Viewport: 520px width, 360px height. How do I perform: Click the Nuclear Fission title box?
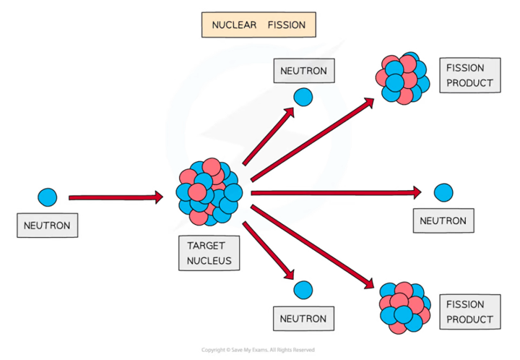click(258, 25)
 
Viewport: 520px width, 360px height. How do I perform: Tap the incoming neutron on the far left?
click(47, 197)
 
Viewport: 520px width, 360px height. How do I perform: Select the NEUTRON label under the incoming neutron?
click(47, 226)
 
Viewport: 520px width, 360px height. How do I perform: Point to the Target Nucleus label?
click(209, 253)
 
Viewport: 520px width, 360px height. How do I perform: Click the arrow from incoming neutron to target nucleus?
click(116, 197)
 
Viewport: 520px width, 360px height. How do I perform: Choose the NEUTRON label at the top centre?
click(303, 72)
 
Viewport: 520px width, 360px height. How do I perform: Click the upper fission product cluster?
click(400, 77)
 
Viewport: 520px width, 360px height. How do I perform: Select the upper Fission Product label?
click(469, 75)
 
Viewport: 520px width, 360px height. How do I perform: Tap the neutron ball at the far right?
click(443, 193)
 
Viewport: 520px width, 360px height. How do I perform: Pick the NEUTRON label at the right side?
click(443, 220)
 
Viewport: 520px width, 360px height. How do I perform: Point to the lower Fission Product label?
click(469, 312)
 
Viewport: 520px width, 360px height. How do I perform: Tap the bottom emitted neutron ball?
click(303, 291)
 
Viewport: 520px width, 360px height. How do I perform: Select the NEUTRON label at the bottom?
click(303, 318)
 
